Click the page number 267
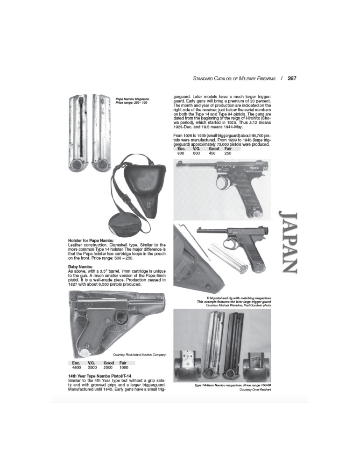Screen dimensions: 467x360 tap(292, 78)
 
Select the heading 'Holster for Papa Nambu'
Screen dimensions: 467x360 tap(91, 241)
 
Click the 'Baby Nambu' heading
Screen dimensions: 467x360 tap(80, 267)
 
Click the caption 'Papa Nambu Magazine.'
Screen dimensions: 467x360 tap(132, 99)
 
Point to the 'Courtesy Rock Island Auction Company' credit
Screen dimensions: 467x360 tap(139, 355)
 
